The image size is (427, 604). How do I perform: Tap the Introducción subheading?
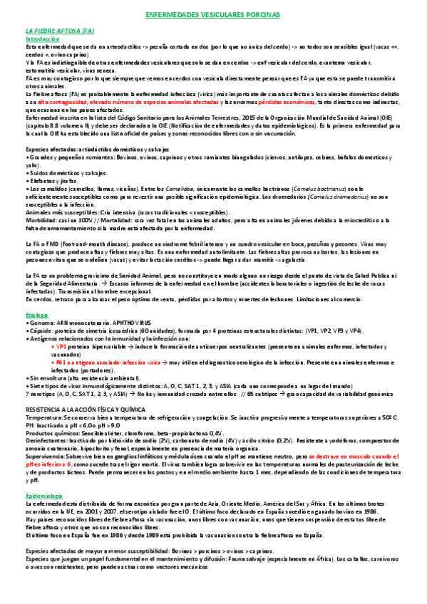[43, 39]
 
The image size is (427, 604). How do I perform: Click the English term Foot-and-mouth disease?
[90, 244]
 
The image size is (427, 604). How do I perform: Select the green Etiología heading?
[37, 313]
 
